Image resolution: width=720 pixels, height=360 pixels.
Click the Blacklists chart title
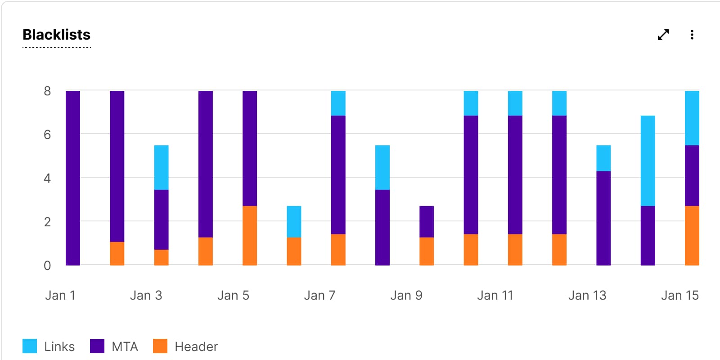57,35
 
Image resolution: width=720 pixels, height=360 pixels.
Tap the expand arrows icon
663,35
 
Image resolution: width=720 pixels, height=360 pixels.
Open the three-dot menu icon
692,35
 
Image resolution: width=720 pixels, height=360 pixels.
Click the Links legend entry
49,346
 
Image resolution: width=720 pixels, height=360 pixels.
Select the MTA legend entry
114,346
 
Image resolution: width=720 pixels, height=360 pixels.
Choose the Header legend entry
185,346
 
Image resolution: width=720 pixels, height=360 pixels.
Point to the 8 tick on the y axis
47,91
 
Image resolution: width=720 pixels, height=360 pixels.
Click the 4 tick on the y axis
47,179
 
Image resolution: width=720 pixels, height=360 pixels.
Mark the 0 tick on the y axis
47,265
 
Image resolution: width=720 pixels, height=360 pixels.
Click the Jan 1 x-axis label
60,295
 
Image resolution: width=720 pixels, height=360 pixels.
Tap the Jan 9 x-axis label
406,295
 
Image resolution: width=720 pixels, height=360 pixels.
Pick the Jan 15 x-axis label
679,295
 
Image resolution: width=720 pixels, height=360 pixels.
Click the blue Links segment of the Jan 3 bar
161,167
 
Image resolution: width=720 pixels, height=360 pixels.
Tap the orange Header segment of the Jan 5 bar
250,235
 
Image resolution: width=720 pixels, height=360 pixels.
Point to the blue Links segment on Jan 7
338,103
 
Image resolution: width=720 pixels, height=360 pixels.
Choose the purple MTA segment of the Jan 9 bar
427,221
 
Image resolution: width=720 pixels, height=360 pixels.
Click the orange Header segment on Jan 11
515,249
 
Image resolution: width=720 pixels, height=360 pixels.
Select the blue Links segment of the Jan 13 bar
603,158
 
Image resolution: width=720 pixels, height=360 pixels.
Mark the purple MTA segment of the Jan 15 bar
692,175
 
